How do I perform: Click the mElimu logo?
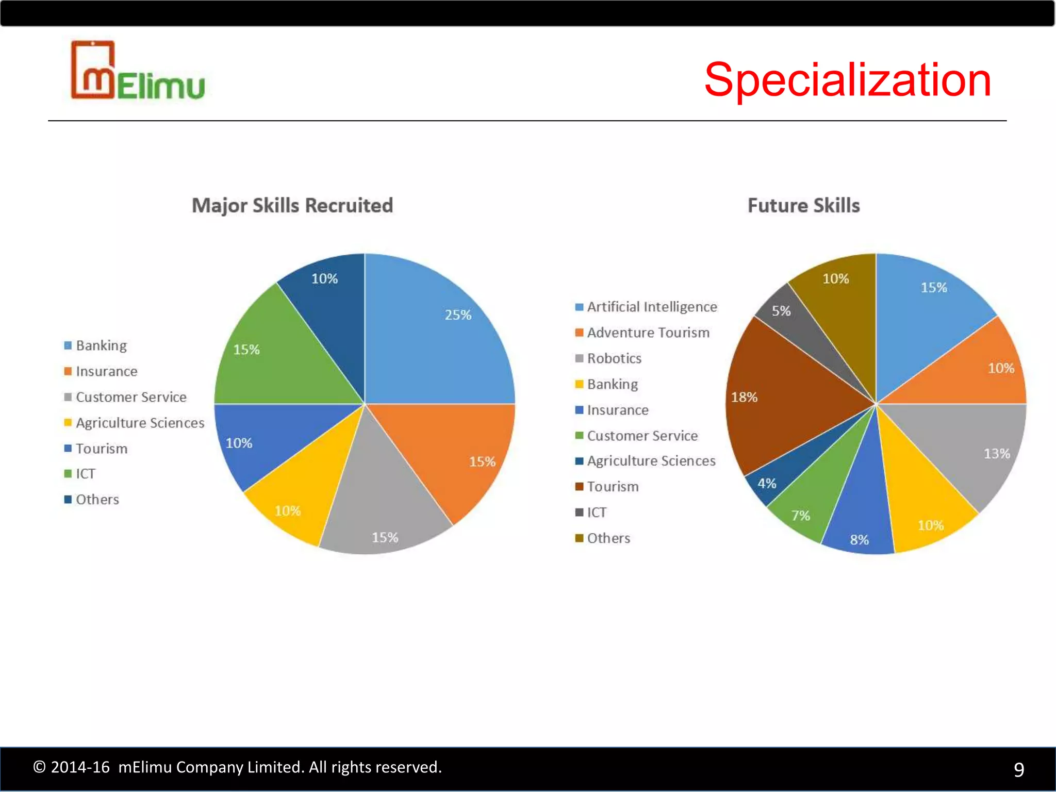point(138,71)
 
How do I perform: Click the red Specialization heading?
point(847,80)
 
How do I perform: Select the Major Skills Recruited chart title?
point(292,206)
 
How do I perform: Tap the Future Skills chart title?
point(803,206)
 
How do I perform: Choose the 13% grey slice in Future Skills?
point(969,449)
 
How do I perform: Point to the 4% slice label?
point(767,484)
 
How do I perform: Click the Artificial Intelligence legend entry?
point(652,307)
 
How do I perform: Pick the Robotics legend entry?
point(614,359)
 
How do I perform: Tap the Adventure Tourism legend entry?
point(648,333)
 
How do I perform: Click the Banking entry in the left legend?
point(101,346)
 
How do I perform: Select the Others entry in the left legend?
point(97,500)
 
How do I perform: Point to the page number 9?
point(1019,769)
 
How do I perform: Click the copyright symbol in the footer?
point(39,767)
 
